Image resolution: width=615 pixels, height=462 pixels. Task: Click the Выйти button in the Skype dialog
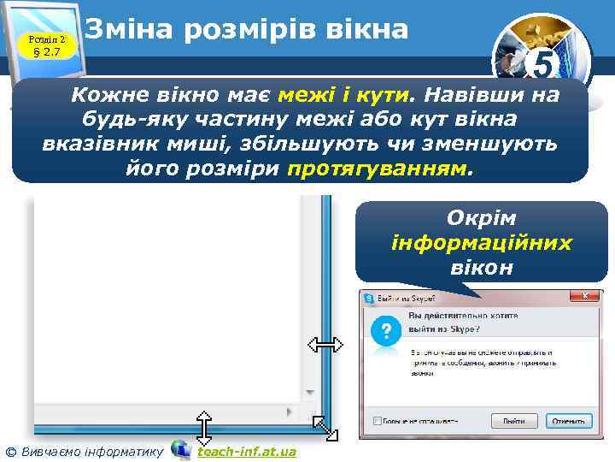(x=514, y=421)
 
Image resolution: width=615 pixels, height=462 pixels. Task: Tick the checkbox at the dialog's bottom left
(x=377, y=421)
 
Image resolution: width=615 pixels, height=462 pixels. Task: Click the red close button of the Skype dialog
(x=585, y=297)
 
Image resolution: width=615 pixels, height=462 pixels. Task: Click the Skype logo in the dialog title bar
(x=369, y=299)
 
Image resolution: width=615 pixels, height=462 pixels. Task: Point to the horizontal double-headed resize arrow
(x=325, y=345)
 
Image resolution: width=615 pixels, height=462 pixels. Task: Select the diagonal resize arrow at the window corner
(x=325, y=427)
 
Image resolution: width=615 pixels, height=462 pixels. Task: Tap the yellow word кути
(x=389, y=95)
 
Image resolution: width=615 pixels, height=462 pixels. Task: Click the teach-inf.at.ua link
(x=247, y=451)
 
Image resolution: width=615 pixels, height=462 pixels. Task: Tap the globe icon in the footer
(x=181, y=449)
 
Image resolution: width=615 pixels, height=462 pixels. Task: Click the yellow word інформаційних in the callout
(x=482, y=242)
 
